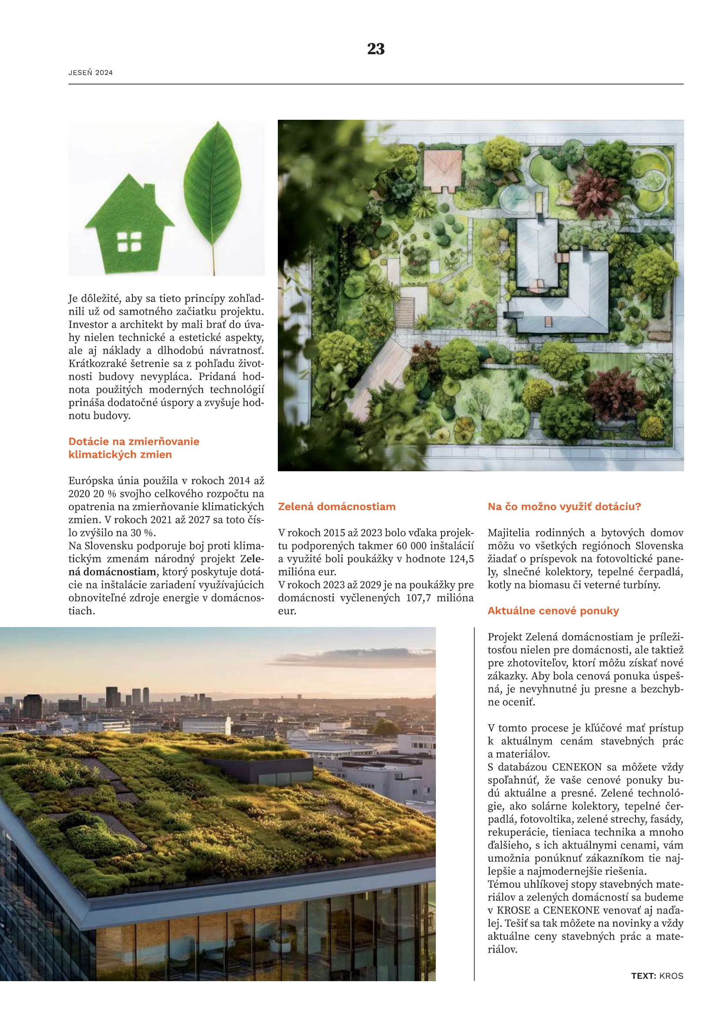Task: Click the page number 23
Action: point(376,49)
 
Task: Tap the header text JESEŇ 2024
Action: point(91,73)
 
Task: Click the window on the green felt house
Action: point(129,242)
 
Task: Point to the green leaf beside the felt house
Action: point(213,186)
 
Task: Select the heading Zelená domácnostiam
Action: point(336,506)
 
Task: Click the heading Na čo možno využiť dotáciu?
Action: point(564,506)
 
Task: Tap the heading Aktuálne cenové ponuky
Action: point(553,611)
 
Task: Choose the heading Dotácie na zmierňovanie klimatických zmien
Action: point(134,448)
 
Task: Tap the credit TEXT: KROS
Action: point(657,976)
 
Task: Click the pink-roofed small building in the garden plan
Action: point(442,170)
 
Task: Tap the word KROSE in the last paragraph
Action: point(513,910)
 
